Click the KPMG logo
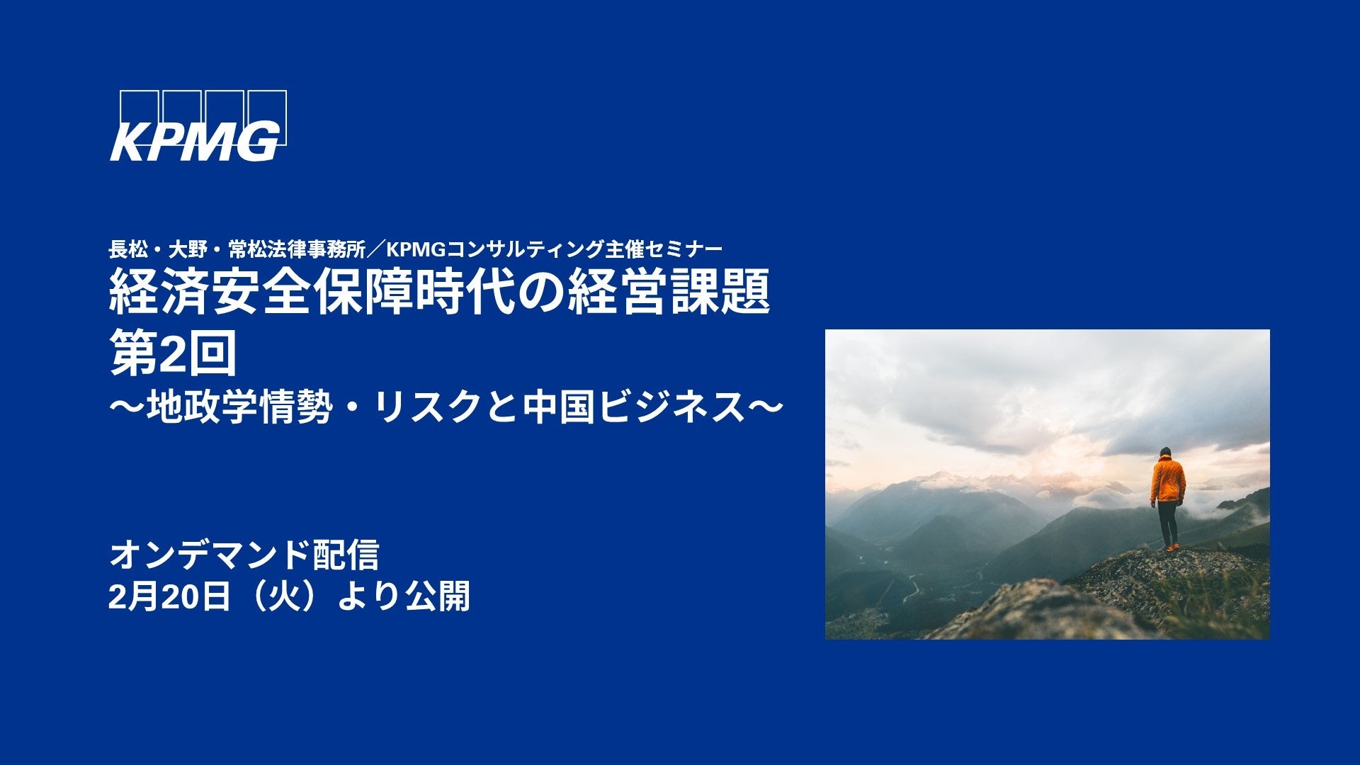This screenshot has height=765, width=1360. pos(198,126)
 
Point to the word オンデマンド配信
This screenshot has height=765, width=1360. pos(244,555)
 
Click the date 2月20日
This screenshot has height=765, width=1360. pos(170,596)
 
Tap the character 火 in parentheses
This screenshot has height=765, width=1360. pos(283,596)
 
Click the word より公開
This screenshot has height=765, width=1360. pos(403,596)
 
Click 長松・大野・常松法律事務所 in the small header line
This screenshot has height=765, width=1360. pos(237,249)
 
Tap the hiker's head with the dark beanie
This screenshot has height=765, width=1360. pos(1165,452)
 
